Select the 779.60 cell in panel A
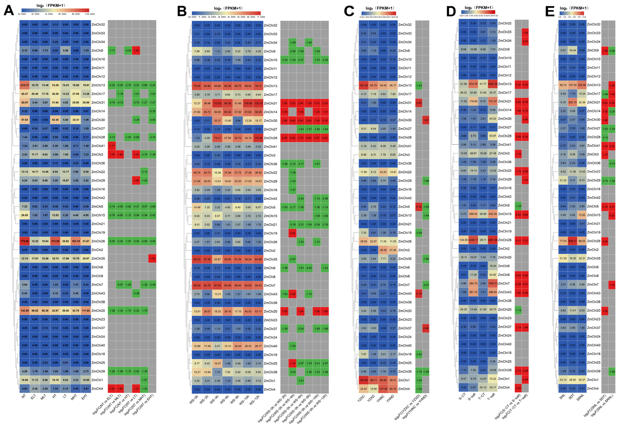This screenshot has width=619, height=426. click(x=25, y=241)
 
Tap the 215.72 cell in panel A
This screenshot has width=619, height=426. click(x=25, y=85)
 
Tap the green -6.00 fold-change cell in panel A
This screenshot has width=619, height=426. click(x=112, y=241)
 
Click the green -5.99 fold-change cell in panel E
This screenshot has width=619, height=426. click(x=612, y=51)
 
